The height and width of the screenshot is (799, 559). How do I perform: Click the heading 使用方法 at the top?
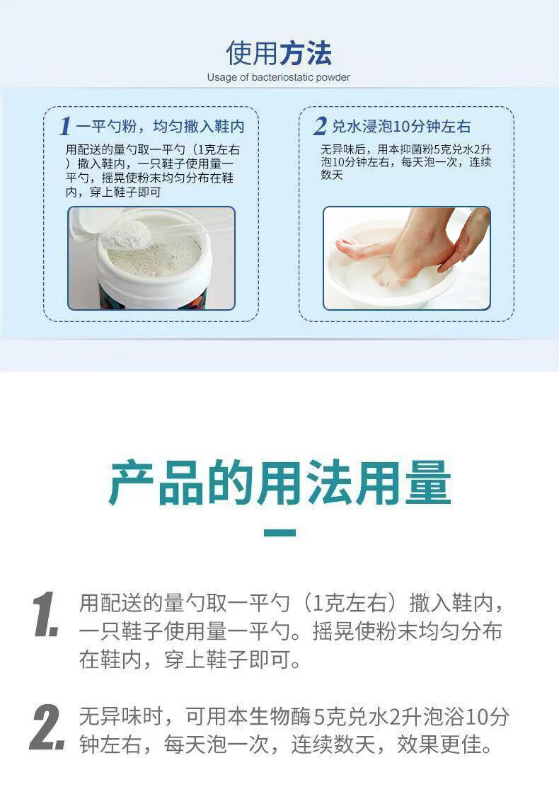coord(279,54)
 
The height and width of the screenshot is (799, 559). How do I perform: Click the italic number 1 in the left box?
coord(64,126)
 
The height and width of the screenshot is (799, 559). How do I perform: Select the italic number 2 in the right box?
coord(320,126)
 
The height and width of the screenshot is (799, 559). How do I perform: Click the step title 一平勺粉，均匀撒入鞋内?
coord(161,127)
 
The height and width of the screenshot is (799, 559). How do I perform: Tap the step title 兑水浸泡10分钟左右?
coord(401,127)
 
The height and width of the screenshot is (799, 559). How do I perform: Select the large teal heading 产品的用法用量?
coord(279,483)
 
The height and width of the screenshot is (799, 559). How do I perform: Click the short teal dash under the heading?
coord(279,533)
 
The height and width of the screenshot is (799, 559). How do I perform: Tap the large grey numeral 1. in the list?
coord(46,614)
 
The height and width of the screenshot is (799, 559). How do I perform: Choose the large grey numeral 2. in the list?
coord(47,728)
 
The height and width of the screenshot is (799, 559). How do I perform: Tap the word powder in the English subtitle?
coord(333,77)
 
